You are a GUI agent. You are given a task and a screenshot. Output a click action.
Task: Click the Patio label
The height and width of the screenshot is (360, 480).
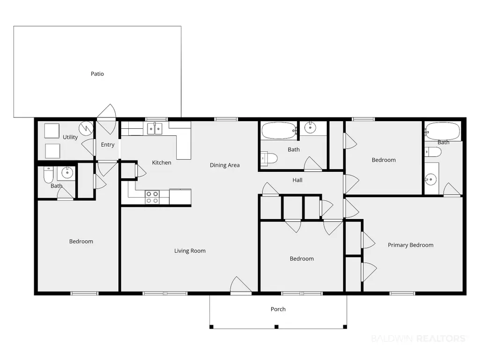pos(97,74)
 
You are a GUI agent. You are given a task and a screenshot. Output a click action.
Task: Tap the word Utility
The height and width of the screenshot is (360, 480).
pos(70,137)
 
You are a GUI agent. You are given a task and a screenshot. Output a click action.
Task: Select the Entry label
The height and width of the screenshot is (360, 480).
pos(107,145)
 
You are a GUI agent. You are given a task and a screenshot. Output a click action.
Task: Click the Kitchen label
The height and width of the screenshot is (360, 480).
pos(162,162)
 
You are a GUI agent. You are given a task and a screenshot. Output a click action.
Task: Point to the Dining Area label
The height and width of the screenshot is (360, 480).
pos(225,165)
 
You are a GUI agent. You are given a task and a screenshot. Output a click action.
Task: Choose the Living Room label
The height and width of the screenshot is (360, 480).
pos(190,251)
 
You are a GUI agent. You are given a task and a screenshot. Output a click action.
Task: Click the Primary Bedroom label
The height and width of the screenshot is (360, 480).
pos(411,245)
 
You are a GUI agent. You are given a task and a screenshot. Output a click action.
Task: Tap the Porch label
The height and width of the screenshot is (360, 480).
pos(278,309)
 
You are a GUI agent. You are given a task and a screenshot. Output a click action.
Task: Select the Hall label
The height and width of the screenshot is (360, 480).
pos(297,180)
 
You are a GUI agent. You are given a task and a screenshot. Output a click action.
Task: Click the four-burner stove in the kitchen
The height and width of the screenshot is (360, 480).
pos(152,197)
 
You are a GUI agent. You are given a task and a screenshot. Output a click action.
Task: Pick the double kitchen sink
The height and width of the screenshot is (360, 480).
pos(155,129)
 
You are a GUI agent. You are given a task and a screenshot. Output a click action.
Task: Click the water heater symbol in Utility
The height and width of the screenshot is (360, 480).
pos(86,129)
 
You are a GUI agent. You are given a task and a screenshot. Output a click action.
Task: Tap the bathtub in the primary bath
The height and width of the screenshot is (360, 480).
pos(443,132)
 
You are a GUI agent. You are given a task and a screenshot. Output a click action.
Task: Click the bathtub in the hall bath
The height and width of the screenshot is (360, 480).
pos(279,131)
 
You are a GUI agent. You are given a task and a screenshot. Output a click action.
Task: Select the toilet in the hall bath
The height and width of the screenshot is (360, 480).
pos(269,158)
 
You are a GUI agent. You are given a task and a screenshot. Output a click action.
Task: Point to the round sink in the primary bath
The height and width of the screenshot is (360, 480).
pos(431,179)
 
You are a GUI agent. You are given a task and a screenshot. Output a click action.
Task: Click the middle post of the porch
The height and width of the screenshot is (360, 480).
pos(276,327)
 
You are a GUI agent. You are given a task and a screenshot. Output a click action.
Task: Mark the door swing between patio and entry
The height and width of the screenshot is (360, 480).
pos(107,119)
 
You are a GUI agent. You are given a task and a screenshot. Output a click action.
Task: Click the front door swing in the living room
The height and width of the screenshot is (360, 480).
pos(241,285)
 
